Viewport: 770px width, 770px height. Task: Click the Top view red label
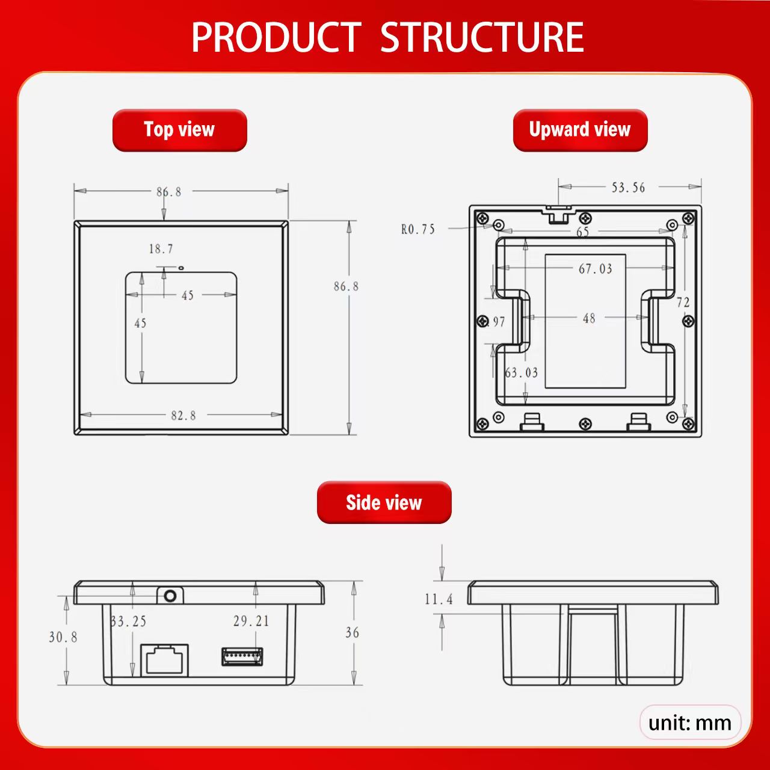pos(179,131)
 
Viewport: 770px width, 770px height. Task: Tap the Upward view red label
pos(580,131)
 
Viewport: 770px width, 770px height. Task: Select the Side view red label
pos(384,503)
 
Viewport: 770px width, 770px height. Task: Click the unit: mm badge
pos(690,722)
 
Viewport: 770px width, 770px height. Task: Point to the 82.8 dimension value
pos(183,416)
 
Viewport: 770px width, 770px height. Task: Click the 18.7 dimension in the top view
pos(161,249)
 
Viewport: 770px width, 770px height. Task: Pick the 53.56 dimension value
pos(628,188)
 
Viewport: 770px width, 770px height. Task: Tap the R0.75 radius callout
pos(418,229)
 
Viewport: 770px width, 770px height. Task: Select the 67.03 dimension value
pos(596,269)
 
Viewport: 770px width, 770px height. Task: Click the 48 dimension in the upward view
pos(589,318)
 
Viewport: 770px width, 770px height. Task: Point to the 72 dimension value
pos(683,303)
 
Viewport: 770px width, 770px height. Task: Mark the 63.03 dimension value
pos(522,373)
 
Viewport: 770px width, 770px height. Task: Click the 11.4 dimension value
pos(439,599)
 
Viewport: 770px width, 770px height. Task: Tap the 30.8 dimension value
pos(63,637)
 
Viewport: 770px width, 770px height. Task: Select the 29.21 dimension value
pos(251,621)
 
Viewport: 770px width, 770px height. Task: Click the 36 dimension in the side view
pos(352,632)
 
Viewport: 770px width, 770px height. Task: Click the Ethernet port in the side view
pos(164,660)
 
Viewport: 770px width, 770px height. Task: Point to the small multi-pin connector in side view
pos(242,656)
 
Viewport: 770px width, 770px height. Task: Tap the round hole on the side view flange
pos(170,596)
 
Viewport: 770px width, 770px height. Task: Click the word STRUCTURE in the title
pos(482,37)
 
